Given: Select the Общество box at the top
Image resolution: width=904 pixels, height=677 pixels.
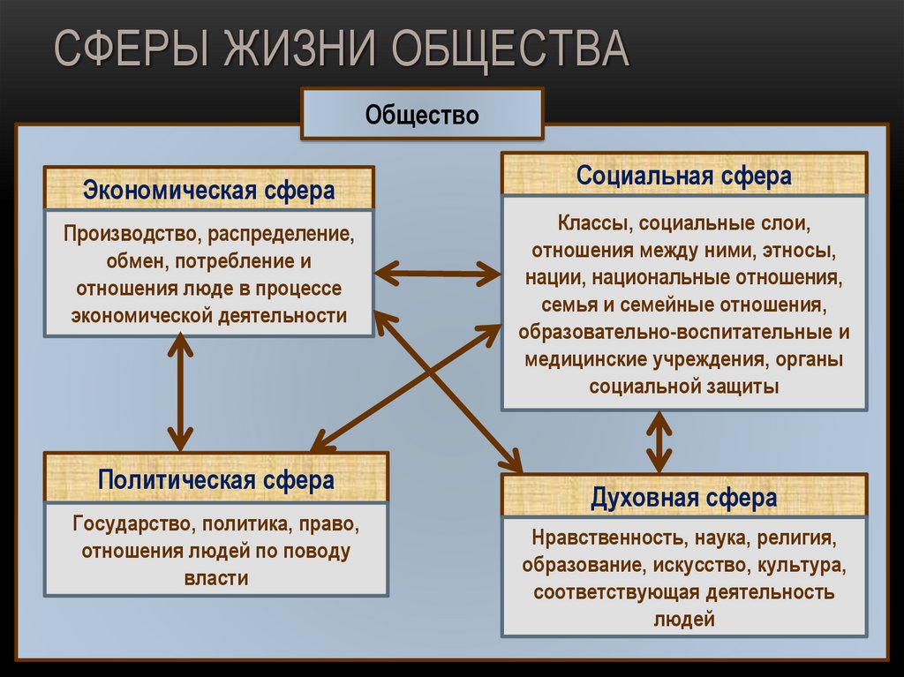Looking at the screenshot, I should [x=422, y=114].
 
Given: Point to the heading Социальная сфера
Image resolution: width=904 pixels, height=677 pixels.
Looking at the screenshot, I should [x=683, y=176].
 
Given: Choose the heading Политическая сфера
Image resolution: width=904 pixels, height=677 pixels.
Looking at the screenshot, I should [x=216, y=480].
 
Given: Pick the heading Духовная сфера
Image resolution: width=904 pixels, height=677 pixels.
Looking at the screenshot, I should [x=683, y=498].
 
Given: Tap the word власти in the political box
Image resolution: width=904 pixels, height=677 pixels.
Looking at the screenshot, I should [x=216, y=578].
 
